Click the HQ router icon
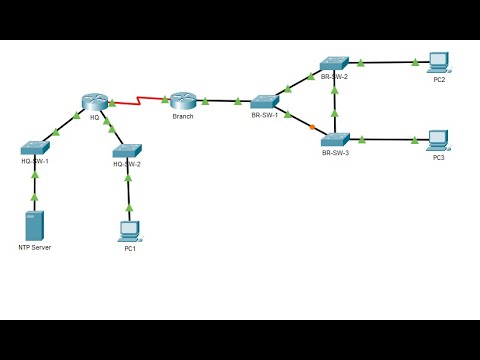click(x=94, y=102)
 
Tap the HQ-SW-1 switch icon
click(x=34, y=146)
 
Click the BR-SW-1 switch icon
click(x=264, y=101)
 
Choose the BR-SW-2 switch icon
click(x=334, y=63)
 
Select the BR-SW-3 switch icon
click(x=335, y=139)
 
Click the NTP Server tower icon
click(x=35, y=224)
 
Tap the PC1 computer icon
click(x=129, y=230)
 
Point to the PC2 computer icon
click(x=438, y=61)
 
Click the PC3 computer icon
click(x=438, y=139)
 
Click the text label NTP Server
click(x=34, y=246)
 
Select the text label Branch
click(x=182, y=117)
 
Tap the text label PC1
click(x=130, y=248)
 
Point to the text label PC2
click(x=439, y=79)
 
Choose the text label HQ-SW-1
click(x=35, y=160)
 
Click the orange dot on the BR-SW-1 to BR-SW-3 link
click(x=312, y=126)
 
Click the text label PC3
click(x=439, y=157)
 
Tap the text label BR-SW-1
click(x=265, y=116)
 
